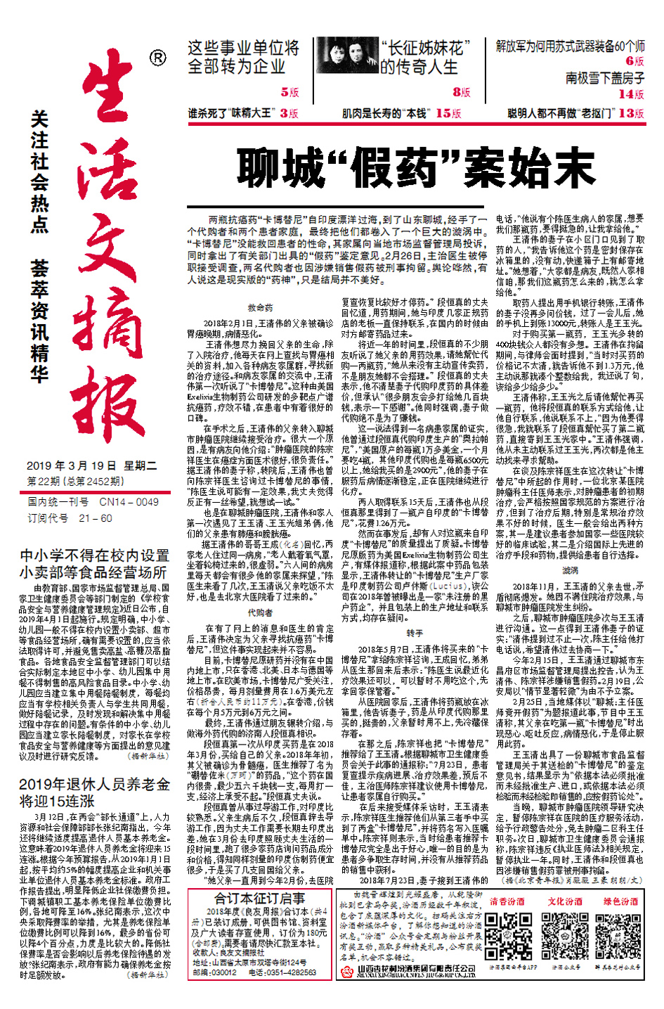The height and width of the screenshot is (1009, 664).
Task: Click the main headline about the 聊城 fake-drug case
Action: (416, 167)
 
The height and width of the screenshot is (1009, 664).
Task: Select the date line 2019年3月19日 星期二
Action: (91, 465)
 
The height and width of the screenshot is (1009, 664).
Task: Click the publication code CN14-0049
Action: (129, 502)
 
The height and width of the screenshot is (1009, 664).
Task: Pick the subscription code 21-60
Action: (96, 518)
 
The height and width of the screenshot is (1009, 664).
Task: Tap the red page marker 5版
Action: (289, 92)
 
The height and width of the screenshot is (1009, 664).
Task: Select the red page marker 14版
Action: (630, 94)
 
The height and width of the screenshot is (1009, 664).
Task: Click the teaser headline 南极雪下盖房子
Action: (605, 77)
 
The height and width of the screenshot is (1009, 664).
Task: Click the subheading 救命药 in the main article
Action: (260, 307)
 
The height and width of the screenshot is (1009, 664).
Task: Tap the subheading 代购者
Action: (260, 612)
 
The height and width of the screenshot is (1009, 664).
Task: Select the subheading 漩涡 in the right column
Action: (570, 570)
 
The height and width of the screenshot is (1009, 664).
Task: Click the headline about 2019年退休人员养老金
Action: (94, 792)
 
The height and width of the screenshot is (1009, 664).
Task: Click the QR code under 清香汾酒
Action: (506, 934)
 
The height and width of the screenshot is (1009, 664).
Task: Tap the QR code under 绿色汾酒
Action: (620, 934)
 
